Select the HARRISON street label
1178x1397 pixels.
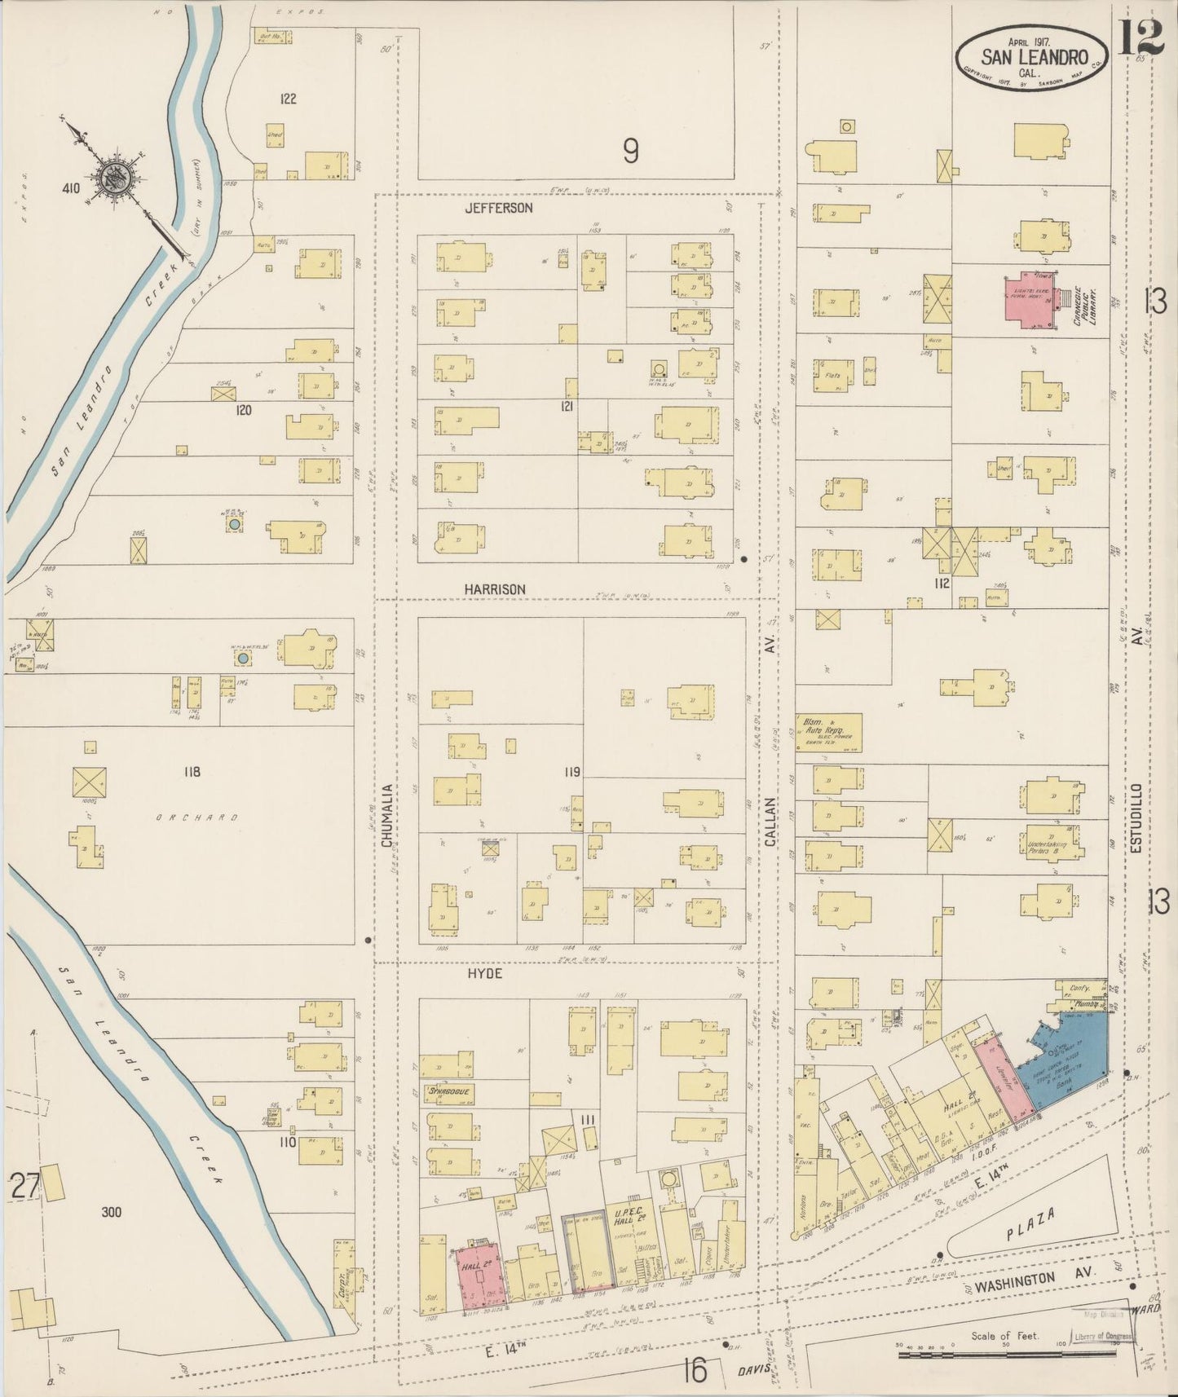tap(495, 588)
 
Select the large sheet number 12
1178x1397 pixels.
tap(1139, 37)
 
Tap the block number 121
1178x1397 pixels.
tap(568, 406)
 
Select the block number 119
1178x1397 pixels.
tap(571, 771)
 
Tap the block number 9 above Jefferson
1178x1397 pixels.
tap(629, 150)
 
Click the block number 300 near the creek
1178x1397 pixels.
tap(111, 1212)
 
